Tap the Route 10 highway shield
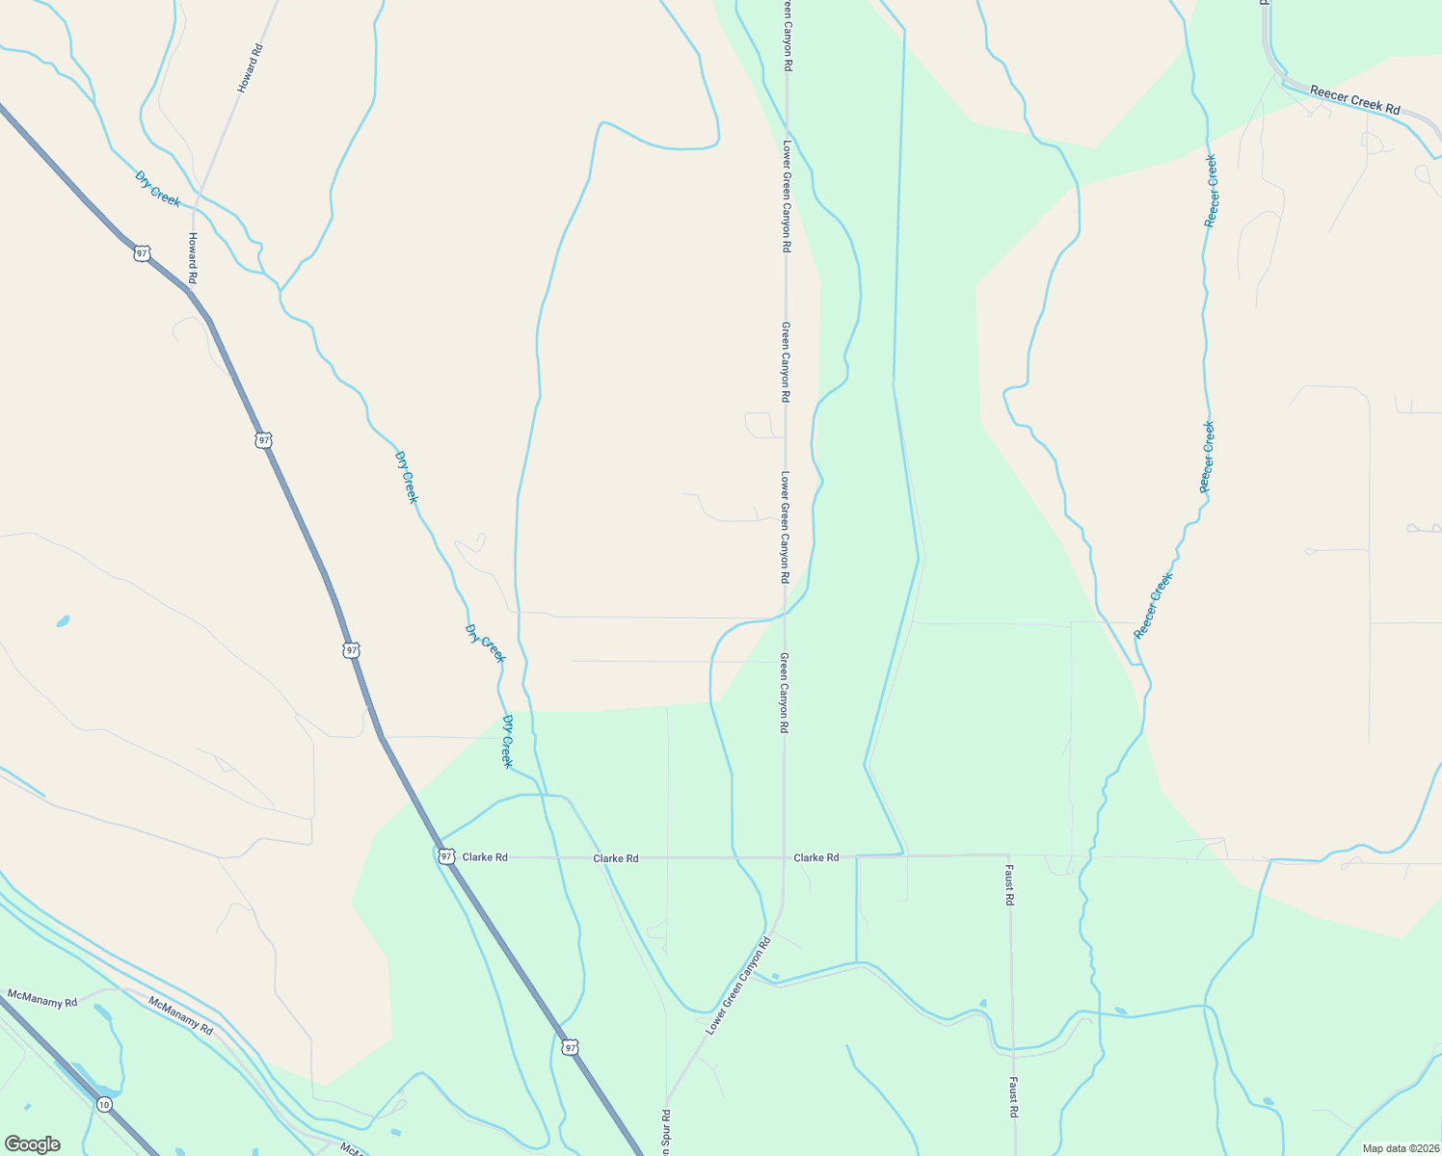[x=104, y=1104]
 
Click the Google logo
[x=33, y=1144]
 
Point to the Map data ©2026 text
[x=1400, y=1148]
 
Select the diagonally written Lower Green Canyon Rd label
[x=738, y=985]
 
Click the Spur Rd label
[x=666, y=1133]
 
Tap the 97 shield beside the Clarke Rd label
[x=445, y=855]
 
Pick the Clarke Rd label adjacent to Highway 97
[x=485, y=857]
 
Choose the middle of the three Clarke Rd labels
[x=616, y=858]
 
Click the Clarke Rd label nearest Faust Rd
[x=816, y=857]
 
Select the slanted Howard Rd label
[x=250, y=67]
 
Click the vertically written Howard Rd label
[x=193, y=257]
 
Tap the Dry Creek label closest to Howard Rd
[x=157, y=188]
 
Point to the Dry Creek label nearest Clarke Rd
[x=507, y=741]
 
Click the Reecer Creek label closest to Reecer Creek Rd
[x=1212, y=191]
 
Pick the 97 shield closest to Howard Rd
[x=143, y=253]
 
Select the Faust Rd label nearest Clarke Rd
[x=1010, y=884]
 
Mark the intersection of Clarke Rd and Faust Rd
[x=1009, y=855]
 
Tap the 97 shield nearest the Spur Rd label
[x=571, y=1046]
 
